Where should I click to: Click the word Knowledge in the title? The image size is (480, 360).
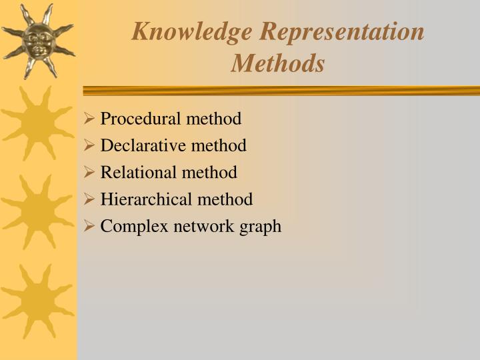pyautogui.click(x=192, y=31)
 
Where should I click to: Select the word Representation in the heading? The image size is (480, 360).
pyautogui.click(x=342, y=31)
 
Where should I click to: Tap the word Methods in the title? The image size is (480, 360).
pyautogui.click(x=278, y=63)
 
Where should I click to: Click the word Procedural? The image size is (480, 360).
pyautogui.click(x=141, y=119)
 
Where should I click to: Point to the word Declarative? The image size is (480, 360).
pyautogui.click(x=143, y=145)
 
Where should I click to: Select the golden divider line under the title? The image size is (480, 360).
pyautogui.click(x=280, y=91)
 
